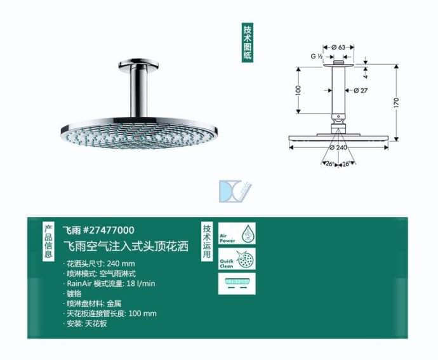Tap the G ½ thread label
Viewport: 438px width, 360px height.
317,57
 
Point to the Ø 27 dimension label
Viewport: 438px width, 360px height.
361,90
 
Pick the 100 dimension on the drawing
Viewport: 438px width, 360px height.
298,90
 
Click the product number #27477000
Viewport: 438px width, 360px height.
107,230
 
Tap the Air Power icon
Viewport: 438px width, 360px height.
237,234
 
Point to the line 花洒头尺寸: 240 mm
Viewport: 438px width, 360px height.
102,263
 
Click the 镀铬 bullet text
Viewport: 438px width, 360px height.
75,293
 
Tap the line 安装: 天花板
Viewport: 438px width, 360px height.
87,324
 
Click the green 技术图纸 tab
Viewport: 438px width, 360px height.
248,43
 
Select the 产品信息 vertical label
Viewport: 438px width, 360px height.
48,241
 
